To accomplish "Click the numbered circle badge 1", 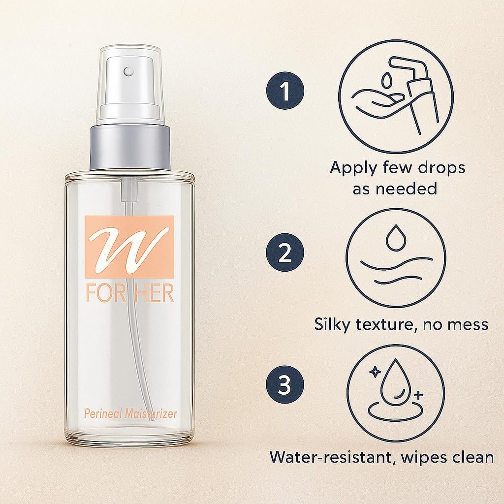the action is [285, 91].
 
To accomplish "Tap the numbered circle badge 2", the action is [285, 252].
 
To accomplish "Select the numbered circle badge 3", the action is [285, 384].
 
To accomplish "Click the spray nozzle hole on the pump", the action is [128, 71].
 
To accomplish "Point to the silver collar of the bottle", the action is [130, 148].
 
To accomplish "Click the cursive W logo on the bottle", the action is [129, 247].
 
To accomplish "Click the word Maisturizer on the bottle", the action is [151, 413].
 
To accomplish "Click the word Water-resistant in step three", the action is [332, 457].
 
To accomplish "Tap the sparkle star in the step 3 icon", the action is [375, 372].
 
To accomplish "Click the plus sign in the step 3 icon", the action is [418, 395].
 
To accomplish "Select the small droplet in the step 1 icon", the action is [387, 80].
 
